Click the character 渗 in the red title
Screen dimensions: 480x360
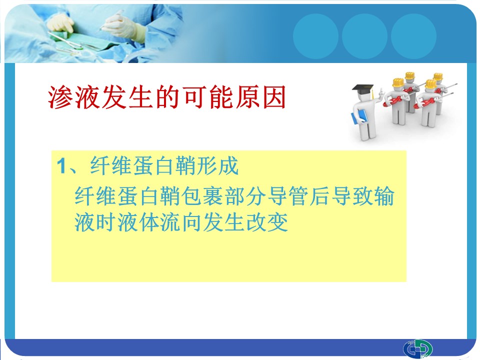click(x=60, y=97)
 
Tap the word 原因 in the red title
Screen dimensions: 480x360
click(x=260, y=97)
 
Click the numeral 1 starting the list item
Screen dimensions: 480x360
click(x=61, y=166)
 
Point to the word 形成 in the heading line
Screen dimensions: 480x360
click(x=217, y=166)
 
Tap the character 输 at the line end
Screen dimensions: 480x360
click(x=384, y=196)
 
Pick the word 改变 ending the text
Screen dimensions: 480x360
click(x=267, y=222)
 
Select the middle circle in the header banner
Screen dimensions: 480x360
click(x=364, y=36)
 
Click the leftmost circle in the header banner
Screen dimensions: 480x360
click(x=315, y=36)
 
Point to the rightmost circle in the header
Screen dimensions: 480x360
click(x=413, y=36)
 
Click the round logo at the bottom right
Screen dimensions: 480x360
click(x=417, y=348)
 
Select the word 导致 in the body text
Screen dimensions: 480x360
click(x=352, y=196)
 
